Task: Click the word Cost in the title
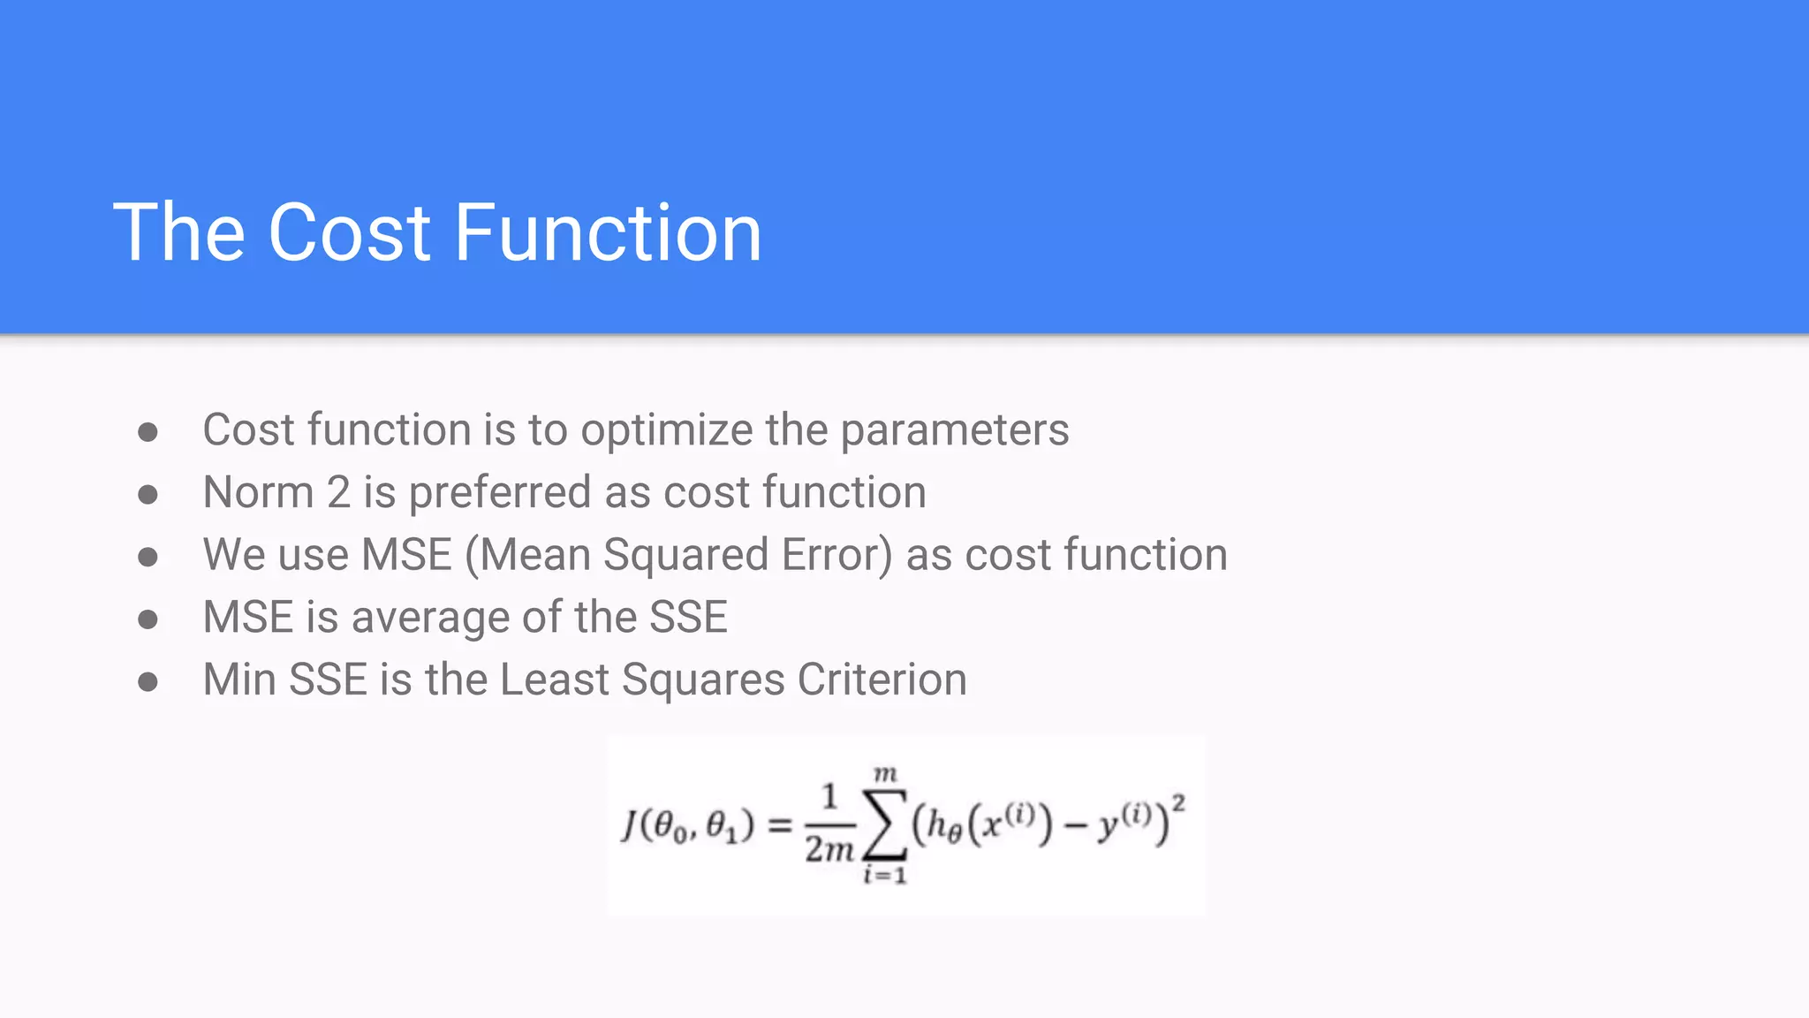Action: [349, 232]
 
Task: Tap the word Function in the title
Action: [608, 232]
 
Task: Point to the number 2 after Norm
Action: [338, 492]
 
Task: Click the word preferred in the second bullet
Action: [499, 493]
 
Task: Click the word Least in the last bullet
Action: [554, 680]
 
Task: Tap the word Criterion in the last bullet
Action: [882, 680]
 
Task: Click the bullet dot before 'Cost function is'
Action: [148, 432]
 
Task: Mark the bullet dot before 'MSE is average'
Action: [148, 619]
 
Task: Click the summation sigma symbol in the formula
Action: [885, 824]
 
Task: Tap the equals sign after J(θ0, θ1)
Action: [780, 826]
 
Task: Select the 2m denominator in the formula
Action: [829, 849]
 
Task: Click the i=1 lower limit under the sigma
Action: [885, 876]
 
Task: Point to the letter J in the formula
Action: [630, 825]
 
